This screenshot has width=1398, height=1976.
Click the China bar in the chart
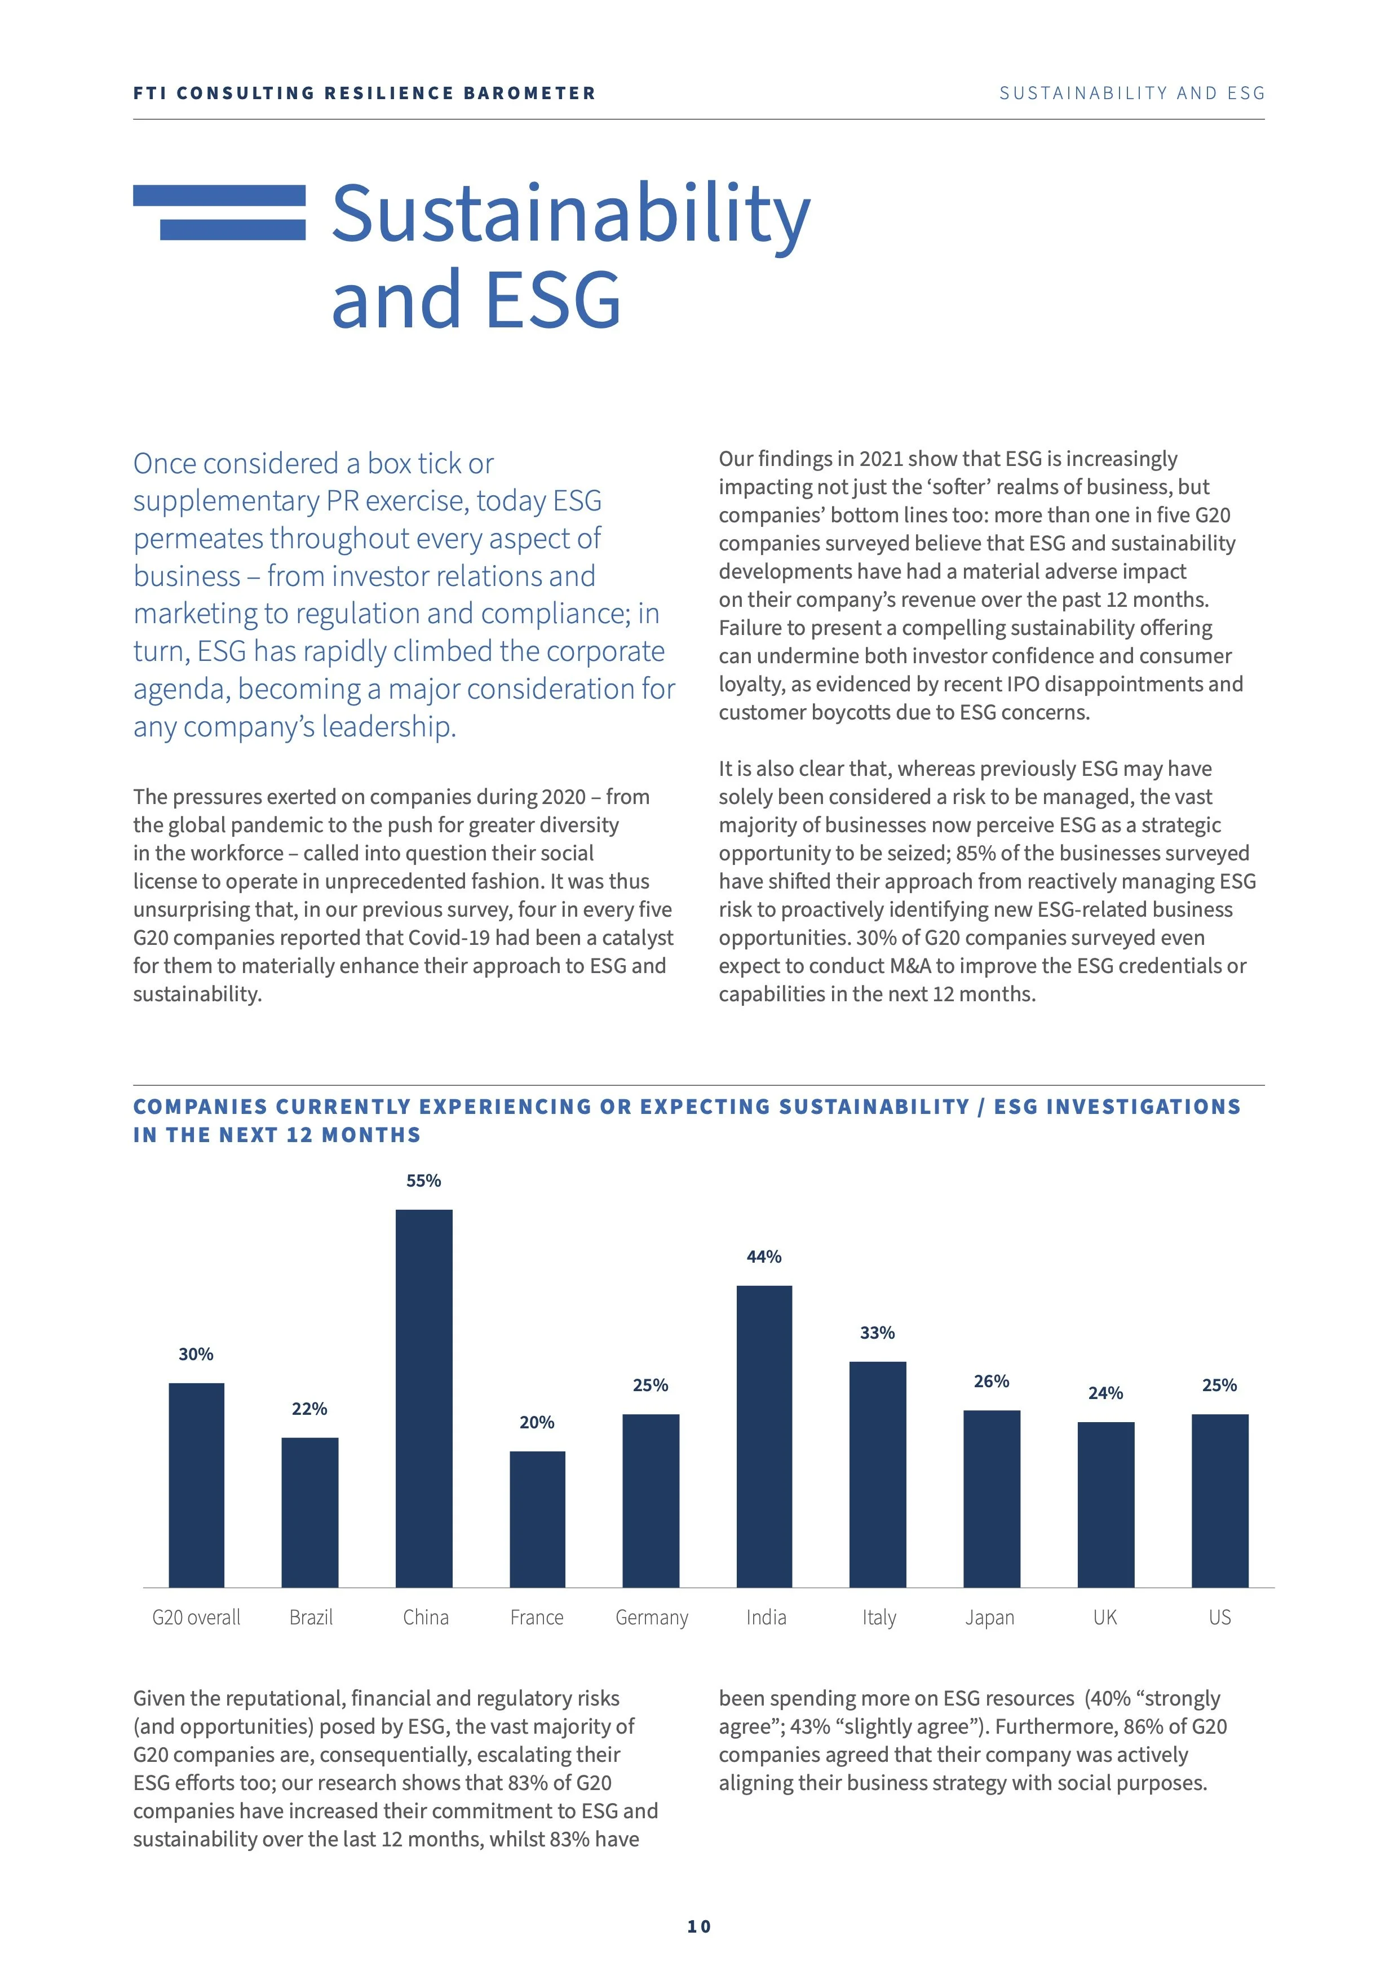(x=423, y=1398)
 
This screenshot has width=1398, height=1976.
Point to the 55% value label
(x=423, y=1181)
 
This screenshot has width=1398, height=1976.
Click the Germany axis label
(x=652, y=1618)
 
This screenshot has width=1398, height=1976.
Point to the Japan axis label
(x=990, y=1618)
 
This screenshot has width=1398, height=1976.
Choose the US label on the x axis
(x=1220, y=1618)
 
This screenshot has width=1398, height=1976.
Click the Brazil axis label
(x=311, y=1618)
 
